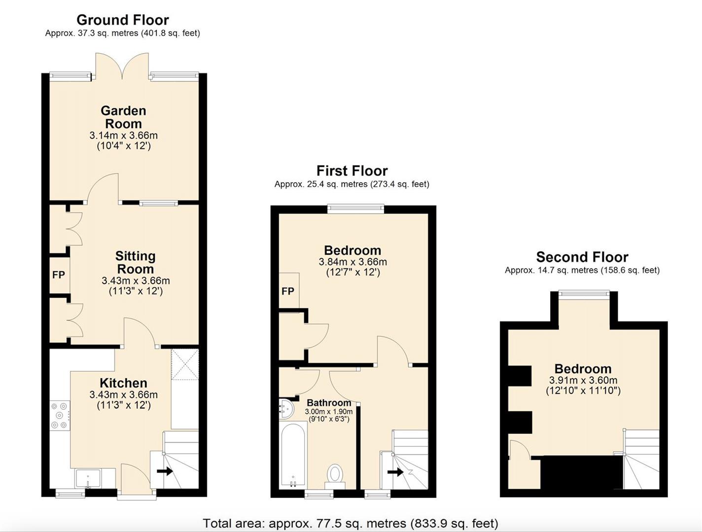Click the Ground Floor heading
point(122,20)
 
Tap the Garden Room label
point(123,117)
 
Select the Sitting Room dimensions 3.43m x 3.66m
point(136,281)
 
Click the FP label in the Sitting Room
point(59,275)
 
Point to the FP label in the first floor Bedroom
point(288,291)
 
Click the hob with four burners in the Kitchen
point(60,415)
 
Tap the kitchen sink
point(88,478)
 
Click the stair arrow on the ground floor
point(165,471)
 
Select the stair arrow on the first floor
point(395,472)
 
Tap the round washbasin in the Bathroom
point(286,408)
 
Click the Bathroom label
point(329,403)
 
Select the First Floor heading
point(352,171)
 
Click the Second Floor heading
point(582,257)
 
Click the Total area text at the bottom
point(351,523)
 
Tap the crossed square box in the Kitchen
point(185,365)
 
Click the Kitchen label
point(123,383)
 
